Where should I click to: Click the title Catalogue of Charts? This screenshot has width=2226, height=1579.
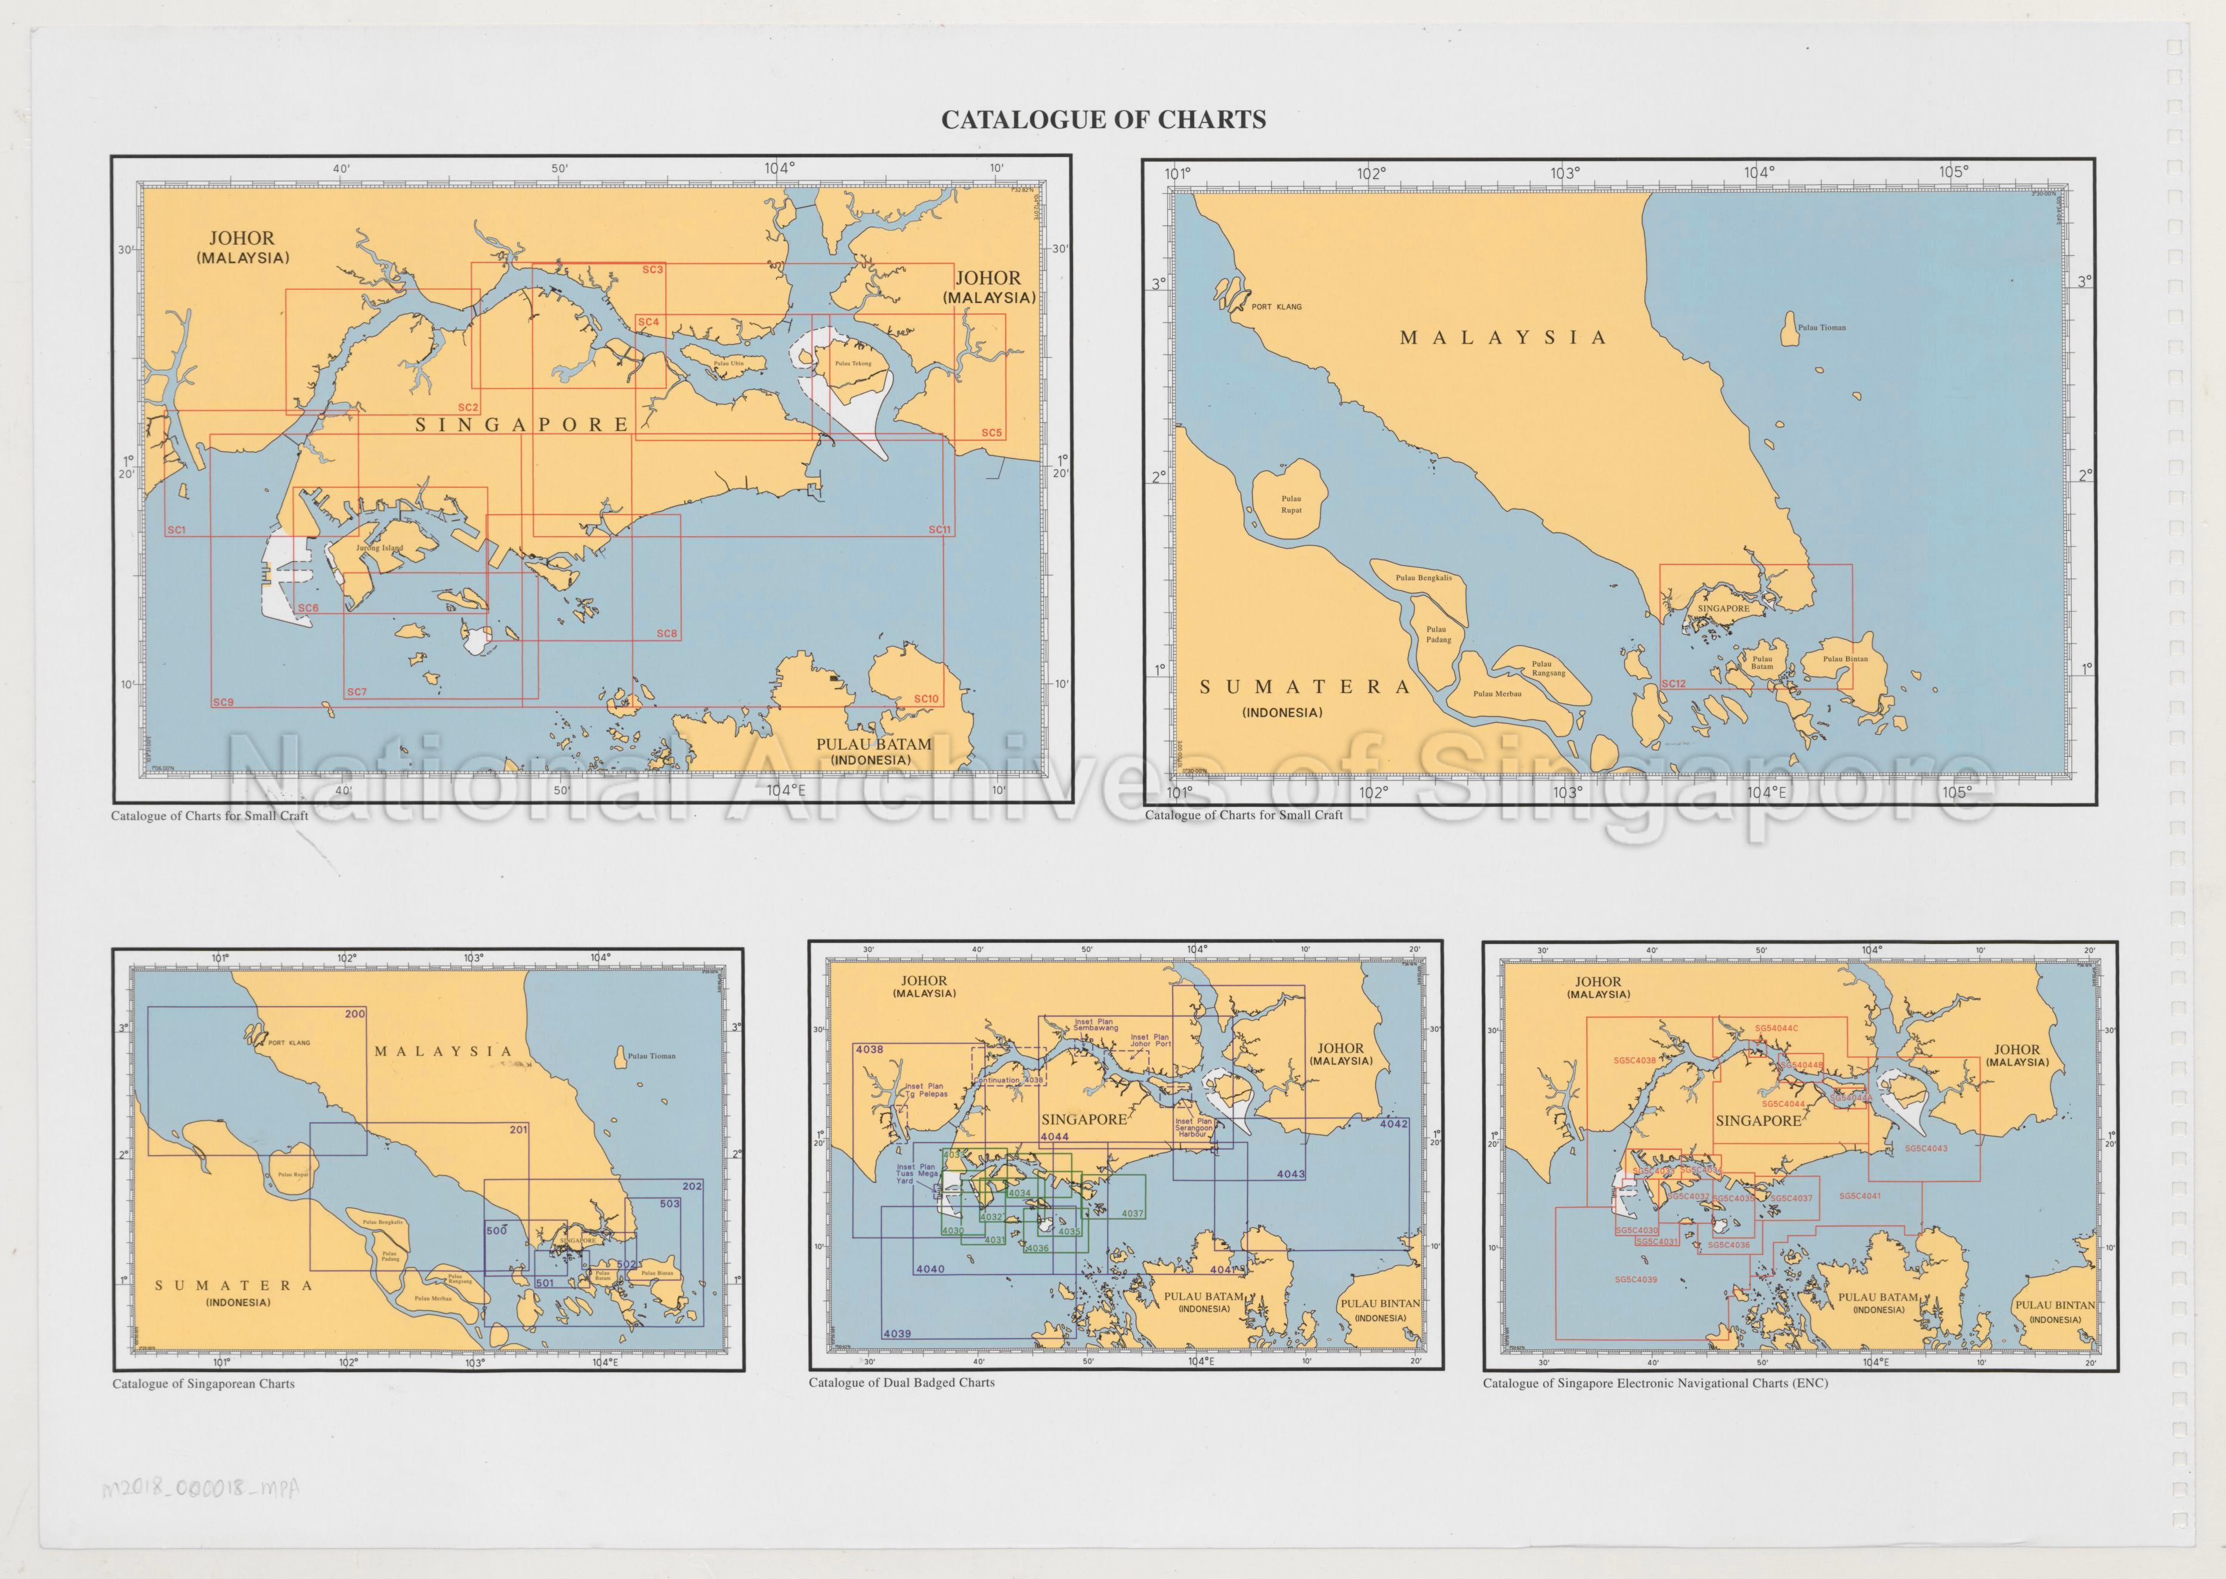(x=1103, y=120)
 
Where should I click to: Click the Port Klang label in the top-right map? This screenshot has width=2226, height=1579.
(x=1276, y=306)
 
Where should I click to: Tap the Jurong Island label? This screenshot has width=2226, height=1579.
(x=379, y=549)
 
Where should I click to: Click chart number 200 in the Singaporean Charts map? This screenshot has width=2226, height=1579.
(x=355, y=1014)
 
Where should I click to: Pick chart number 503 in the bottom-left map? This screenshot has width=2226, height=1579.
(x=669, y=1204)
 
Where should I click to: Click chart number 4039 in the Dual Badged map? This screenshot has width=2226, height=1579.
(x=896, y=1334)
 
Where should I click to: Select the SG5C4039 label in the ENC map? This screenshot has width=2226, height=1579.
(x=1635, y=1280)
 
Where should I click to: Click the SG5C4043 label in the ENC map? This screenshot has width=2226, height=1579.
(x=1925, y=1148)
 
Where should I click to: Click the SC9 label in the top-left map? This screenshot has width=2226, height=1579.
(x=222, y=702)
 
